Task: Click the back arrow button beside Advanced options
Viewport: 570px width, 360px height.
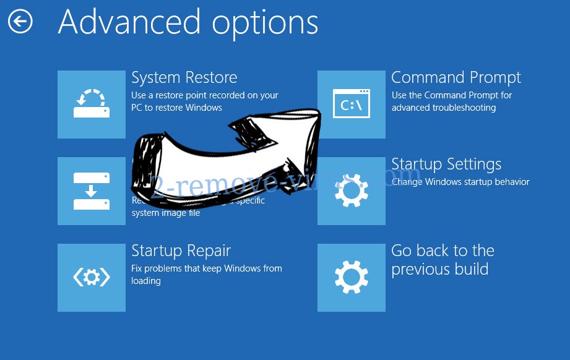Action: pyautogui.click(x=20, y=22)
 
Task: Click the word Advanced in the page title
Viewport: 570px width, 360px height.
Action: pyautogui.click(x=129, y=22)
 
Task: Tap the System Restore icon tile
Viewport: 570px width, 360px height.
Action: pyautogui.click(x=92, y=105)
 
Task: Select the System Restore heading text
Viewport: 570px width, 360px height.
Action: pyautogui.click(x=184, y=78)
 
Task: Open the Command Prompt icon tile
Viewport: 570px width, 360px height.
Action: pyautogui.click(x=351, y=105)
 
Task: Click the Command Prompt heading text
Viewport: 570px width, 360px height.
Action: pyautogui.click(x=456, y=78)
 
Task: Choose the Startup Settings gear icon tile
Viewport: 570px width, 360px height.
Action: pyautogui.click(x=351, y=191)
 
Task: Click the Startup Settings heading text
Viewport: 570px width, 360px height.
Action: pyautogui.click(x=446, y=165)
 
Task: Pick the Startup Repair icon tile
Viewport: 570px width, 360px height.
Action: pyautogui.click(x=92, y=278)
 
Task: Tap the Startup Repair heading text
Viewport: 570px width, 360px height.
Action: pyautogui.click(x=181, y=251)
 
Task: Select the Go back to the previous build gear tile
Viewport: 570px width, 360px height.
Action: pyautogui.click(x=351, y=278)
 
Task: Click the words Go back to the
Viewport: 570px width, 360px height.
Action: pyautogui.click(x=443, y=251)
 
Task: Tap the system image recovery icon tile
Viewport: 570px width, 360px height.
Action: pyautogui.click(x=92, y=191)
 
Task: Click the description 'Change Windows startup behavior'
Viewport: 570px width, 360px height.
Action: pyautogui.click(x=460, y=182)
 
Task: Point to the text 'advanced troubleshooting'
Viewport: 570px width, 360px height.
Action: pyautogui.click(x=444, y=108)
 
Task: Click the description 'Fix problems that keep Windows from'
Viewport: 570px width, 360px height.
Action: pyautogui.click(x=206, y=268)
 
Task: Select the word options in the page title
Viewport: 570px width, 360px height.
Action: pyautogui.click(x=265, y=24)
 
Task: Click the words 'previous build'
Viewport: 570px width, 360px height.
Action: pyautogui.click(x=439, y=270)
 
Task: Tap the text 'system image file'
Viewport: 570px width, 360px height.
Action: pyautogui.click(x=166, y=213)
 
